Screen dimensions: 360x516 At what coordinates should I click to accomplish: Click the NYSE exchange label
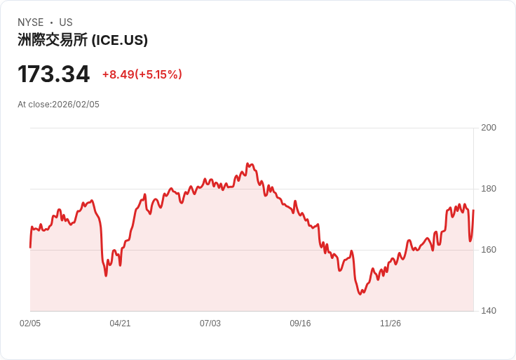pos(31,22)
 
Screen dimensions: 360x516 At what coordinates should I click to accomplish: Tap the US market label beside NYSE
pos(66,22)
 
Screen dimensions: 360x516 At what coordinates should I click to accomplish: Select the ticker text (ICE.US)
pos(120,40)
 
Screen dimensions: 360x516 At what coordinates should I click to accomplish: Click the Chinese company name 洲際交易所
pos(53,40)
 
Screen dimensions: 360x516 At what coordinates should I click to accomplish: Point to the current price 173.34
pos(54,74)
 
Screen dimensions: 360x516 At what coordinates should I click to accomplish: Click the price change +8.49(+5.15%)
pos(142,74)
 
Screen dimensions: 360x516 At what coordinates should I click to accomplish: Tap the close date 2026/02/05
pos(76,105)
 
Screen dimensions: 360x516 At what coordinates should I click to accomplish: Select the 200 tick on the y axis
pos(489,128)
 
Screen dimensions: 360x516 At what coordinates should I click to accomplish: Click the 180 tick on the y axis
pos(489,189)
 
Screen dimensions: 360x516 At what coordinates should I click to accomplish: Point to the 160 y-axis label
pos(489,250)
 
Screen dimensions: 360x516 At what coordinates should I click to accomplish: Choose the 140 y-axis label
pos(489,311)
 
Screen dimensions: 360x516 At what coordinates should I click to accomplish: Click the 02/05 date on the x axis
pos(30,324)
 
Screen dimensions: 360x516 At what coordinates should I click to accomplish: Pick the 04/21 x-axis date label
pos(120,324)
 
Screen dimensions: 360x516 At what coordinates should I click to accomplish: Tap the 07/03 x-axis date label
pos(210,324)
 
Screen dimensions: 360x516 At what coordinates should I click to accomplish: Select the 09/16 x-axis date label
pos(300,324)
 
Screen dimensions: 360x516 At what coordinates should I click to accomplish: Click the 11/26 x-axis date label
pos(391,324)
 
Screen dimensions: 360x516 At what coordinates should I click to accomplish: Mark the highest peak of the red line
pos(248,164)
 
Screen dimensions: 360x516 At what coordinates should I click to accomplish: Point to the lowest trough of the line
pos(360,294)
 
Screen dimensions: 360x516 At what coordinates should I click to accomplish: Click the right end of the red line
pos(473,211)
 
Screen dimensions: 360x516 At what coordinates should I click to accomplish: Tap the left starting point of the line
pos(30,247)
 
